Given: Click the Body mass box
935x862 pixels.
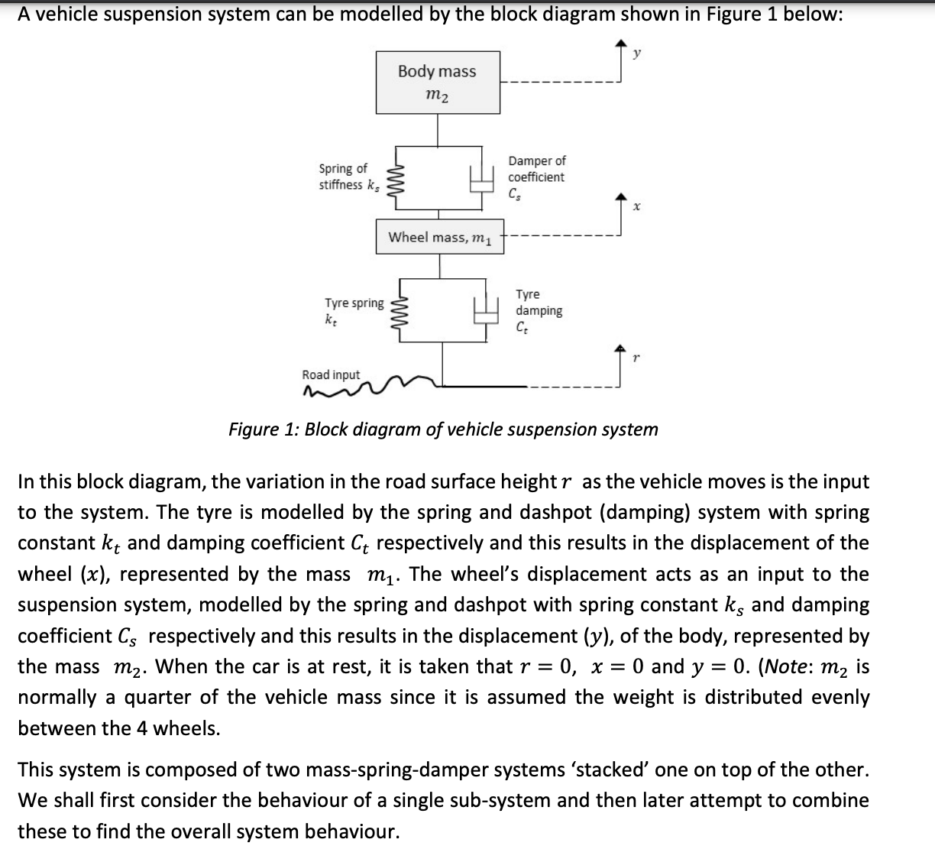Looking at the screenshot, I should click(438, 83).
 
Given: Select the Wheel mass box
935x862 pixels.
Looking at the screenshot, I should click(439, 237).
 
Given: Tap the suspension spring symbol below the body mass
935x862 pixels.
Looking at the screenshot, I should click(396, 181).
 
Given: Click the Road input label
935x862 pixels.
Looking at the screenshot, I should click(331, 374).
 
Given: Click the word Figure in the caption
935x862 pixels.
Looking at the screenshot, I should click(254, 429).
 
